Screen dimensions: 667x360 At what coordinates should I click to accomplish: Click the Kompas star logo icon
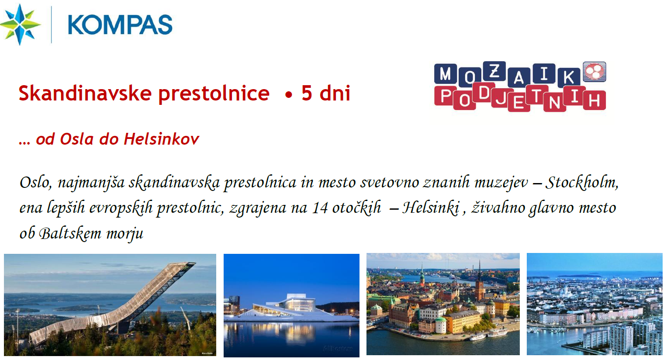[x=20, y=24]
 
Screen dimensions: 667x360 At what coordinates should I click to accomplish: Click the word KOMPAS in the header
[x=120, y=25]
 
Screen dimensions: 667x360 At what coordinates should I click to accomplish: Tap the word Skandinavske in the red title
[x=85, y=93]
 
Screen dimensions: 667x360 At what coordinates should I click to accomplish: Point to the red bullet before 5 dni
[x=288, y=95]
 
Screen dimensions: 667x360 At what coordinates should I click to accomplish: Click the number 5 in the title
[x=307, y=93]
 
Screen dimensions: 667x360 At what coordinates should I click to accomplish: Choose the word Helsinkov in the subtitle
[x=161, y=139]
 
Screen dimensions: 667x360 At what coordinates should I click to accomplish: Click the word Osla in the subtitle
[x=77, y=139]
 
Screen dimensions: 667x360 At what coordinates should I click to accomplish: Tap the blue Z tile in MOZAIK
[x=494, y=72]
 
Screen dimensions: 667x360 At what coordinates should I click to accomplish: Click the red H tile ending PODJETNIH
[x=594, y=100]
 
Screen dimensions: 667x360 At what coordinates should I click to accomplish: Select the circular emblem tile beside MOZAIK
[x=594, y=72]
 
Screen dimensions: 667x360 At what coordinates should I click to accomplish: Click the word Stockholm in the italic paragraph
[x=582, y=182]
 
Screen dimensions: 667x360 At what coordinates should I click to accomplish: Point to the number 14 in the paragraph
[x=320, y=208]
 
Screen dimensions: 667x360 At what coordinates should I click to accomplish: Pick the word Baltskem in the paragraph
[x=70, y=233]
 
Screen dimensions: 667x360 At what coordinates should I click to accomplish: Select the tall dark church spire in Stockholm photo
[x=480, y=280]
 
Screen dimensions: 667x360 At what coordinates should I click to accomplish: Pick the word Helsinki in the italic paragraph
[x=431, y=208]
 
